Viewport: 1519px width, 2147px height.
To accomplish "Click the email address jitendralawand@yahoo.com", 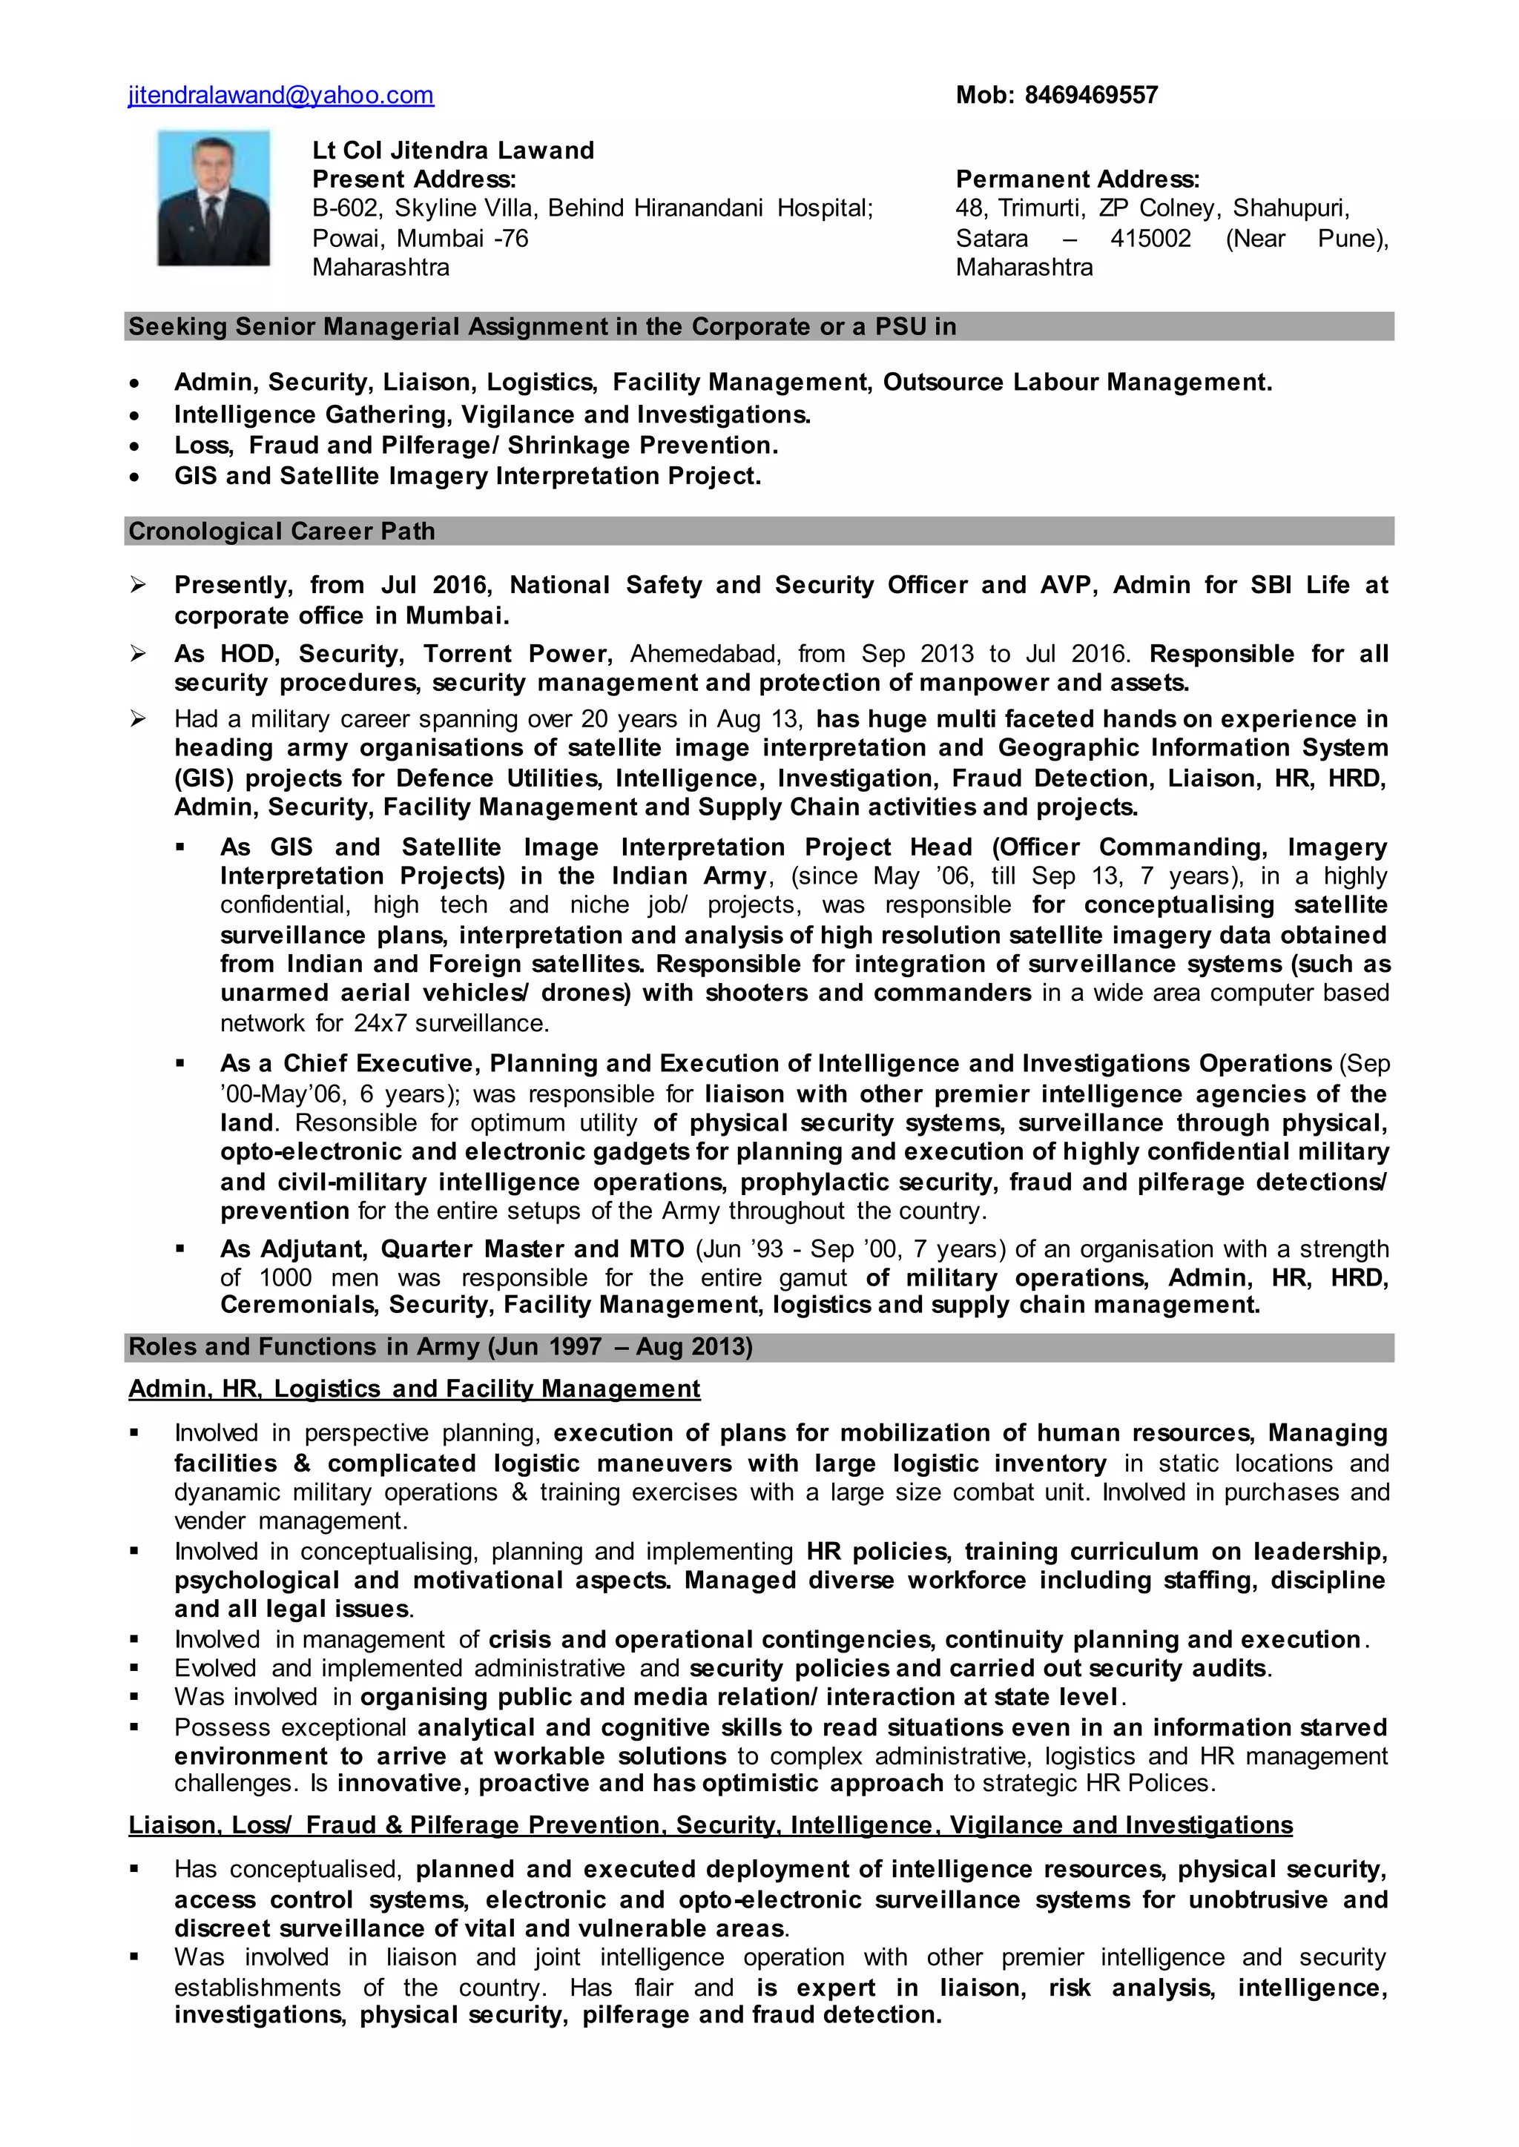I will tap(280, 96).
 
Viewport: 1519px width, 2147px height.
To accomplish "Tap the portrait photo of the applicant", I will tap(214, 198).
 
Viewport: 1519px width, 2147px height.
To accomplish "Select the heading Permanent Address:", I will tap(1077, 179).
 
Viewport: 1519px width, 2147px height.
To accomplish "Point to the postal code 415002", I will tap(1150, 239).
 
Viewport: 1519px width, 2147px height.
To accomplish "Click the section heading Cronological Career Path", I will tap(282, 531).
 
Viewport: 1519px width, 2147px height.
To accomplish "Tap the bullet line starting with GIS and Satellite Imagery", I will tap(468, 476).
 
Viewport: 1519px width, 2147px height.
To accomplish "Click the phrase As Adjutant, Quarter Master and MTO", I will tap(452, 1249).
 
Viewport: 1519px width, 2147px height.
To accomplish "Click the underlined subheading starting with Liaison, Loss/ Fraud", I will tap(710, 1825).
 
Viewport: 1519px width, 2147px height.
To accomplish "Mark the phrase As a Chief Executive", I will tap(350, 1064).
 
